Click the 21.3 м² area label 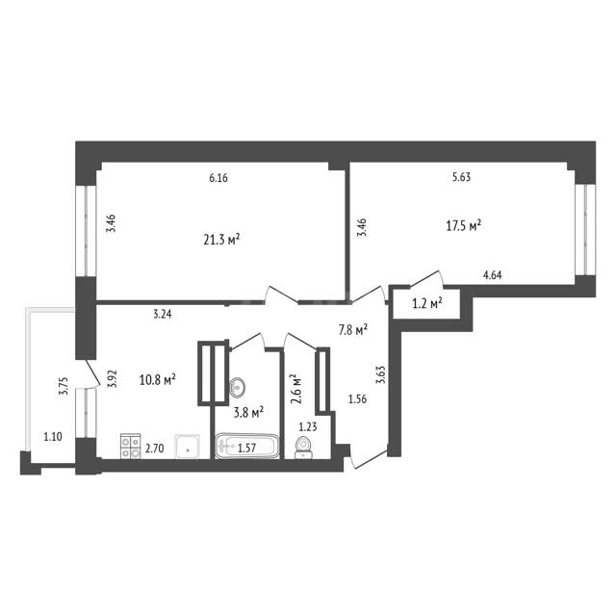pyautogui.click(x=221, y=240)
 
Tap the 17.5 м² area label pyautogui.click(x=464, y=226)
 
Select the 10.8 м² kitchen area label pyautogui.click(x=158, y=379)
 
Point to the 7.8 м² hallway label pyautogui.click(x=353, y=329)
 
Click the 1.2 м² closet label pyautogui.click(x=427, y=303)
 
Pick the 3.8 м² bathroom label pyautogui.click(x=248, y=413)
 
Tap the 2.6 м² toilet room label pyautogui.click(x=295, y=389)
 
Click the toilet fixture pyautogui.click(x=303, y=448)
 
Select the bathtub pyautogui.click(x=247, y=446)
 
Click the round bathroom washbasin pyautogui.click(x=238, y=387)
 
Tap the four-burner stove pyautogui.click(x=131, y=446)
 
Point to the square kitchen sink pyautogui.click(x=188, y=447)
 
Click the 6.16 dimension pyautogui.click(x=218, y=178)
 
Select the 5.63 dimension pyautogui.click(x=461, y=177)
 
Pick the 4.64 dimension pyautogui.click(x=492, y=275)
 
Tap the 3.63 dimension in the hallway pyautogui.click(x=380, y=375)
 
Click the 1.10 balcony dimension pyautogui.click(x=53, y=436)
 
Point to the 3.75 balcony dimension pyautogui.click(x=64, y=386)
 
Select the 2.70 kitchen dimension pyautogui.click(x=154, y=449)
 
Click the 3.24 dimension pyautogui.click(x=163, y=314)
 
